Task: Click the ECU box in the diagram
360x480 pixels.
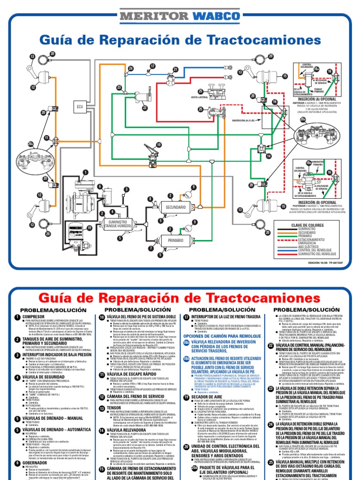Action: (80, 106)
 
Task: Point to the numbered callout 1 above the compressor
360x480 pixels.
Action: (85, 173)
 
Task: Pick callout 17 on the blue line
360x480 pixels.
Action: (152, 66)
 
